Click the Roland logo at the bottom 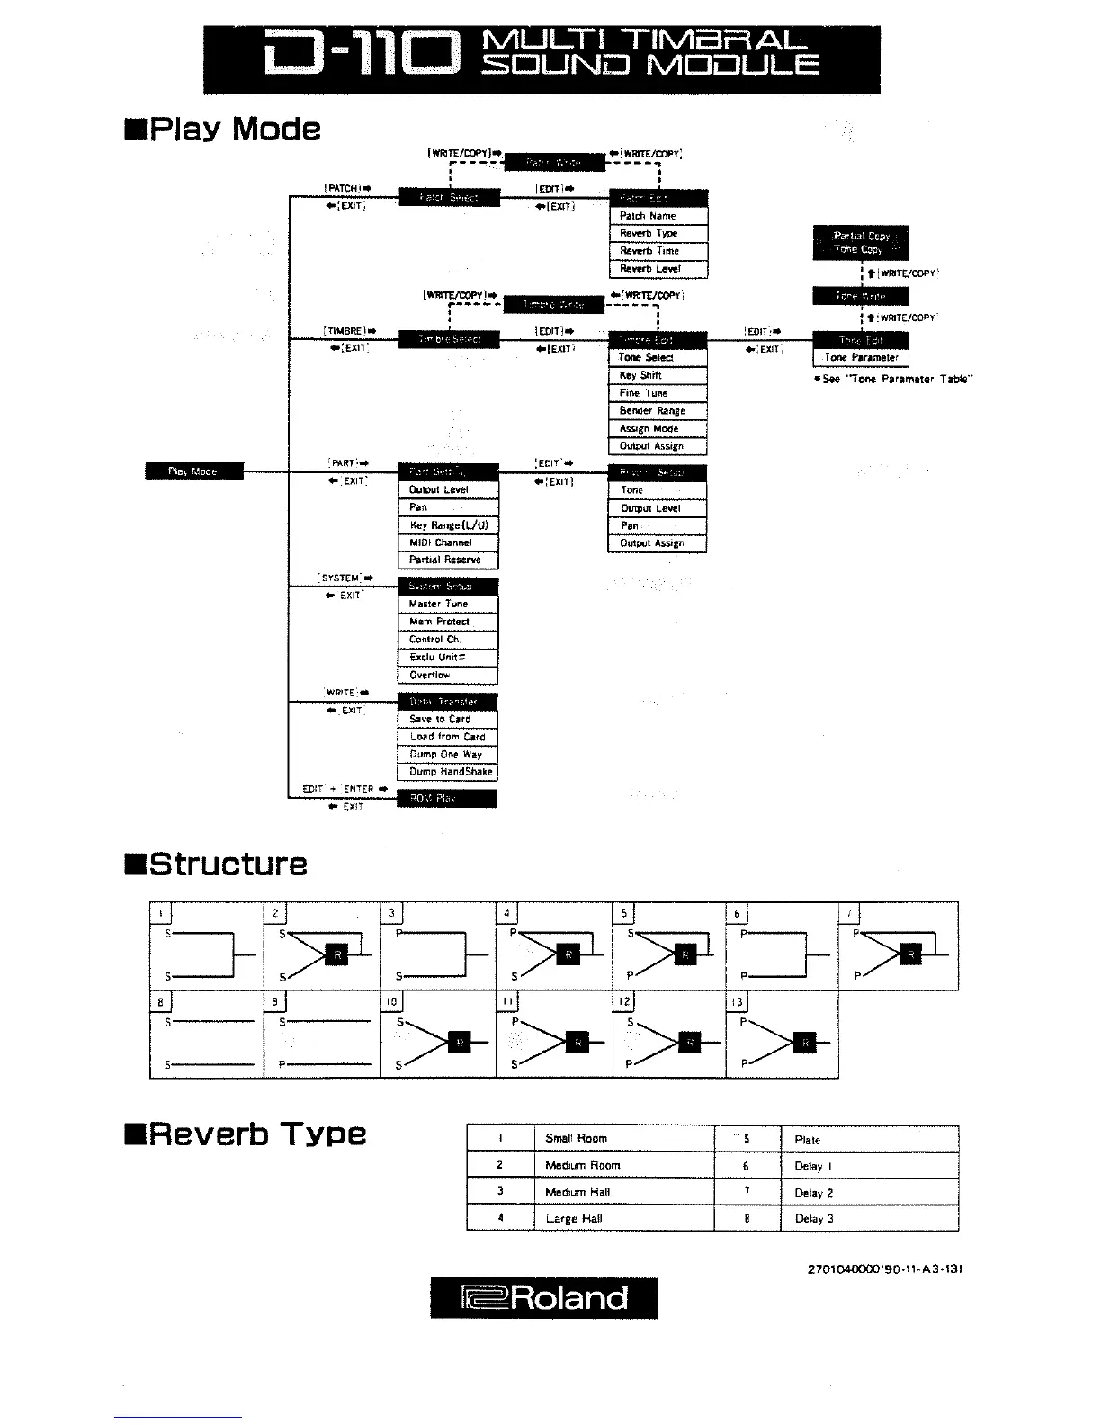coord(544,1297)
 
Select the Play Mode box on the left coord(193,471)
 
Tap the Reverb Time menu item coord(658,251)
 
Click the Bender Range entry coord(658,411)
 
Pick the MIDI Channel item coord(447,542)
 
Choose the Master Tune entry coord(447,604)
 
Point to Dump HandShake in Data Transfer coord(447,772)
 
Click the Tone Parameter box coord(861,357)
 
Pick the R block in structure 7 coord(910,955)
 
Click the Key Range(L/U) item coord(447,525)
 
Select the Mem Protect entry coord(447,622)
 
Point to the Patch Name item coord(658,216)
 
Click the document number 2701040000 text coord(885,1269)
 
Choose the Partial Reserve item coord(447,560)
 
